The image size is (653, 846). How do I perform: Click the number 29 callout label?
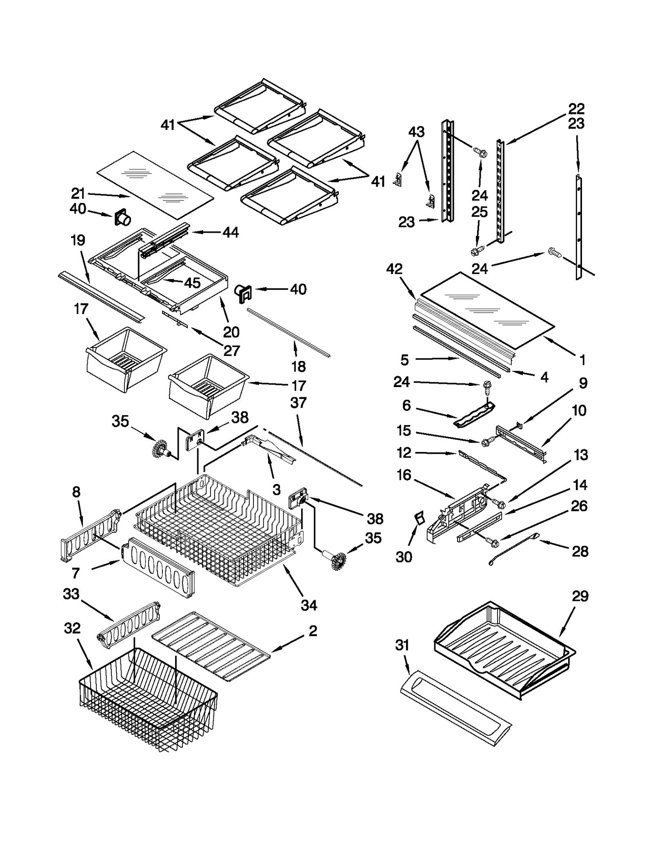pos(580,597)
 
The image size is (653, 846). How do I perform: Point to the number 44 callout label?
pos(231,233)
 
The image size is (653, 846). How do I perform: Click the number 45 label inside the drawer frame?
pos(192,283)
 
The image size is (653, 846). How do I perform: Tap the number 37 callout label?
pos(298,403)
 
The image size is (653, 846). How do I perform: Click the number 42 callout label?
pos(394,269)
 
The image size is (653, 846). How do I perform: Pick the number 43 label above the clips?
pos(416,132)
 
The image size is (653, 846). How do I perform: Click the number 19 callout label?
pos(78,240)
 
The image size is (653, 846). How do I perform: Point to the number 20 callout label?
pos(231,332)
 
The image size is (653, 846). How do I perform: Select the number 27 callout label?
pos(231,351)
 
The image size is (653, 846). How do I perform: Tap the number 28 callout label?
pos(580,552)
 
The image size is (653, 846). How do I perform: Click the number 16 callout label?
pos(404,475)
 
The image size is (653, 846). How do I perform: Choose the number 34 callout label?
pos(309,605)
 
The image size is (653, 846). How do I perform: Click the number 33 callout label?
pos(71,594)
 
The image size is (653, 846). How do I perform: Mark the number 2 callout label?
pos(313,631)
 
